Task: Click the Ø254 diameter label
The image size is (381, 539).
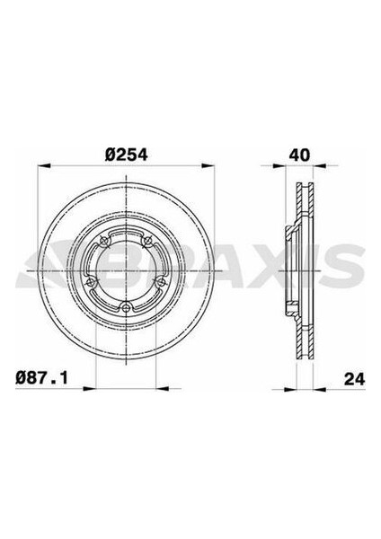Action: pos(126,155)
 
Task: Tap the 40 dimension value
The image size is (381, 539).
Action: pos(299,155)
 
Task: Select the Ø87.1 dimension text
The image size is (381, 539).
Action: pos(41,378)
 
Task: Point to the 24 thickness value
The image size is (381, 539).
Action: pos(355,379)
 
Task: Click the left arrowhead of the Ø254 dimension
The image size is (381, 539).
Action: pos(44,165)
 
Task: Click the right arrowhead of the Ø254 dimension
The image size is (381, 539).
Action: pos(208,165)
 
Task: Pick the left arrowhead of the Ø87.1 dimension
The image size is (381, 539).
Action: pos(89,389)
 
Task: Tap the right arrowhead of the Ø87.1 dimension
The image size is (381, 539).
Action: pos(162,389)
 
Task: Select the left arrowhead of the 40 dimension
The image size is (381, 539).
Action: pos(279,165)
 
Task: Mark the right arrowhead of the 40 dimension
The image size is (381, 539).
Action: pos(320,165)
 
